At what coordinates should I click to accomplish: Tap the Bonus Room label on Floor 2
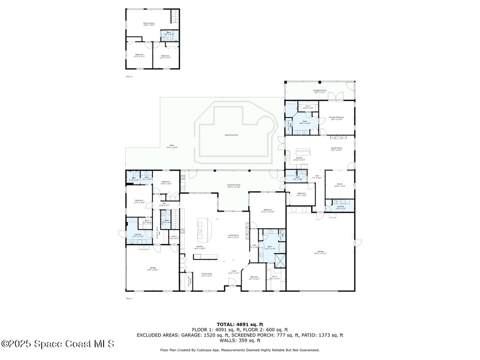[149, 23]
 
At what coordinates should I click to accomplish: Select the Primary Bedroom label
[336, 118]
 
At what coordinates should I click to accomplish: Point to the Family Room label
[336, 149]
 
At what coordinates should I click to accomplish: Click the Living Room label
[233, 236]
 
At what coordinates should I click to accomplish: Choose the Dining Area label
[206, 275]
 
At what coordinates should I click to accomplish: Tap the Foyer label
[233, 272]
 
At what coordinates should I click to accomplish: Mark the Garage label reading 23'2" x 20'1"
[152, 269]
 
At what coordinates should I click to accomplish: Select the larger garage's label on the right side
[320, 253]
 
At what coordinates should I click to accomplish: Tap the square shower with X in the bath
[280, 260]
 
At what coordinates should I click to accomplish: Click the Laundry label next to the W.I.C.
[138, 235]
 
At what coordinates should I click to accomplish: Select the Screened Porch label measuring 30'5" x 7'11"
[320, 91]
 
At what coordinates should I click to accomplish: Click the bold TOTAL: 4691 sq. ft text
[240, 324]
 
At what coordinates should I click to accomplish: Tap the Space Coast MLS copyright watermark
[58, 344]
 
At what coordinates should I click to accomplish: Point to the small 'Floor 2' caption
[129, 76]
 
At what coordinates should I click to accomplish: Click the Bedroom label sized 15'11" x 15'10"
[267, 210]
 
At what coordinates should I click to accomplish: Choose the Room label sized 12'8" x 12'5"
[339, 185]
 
